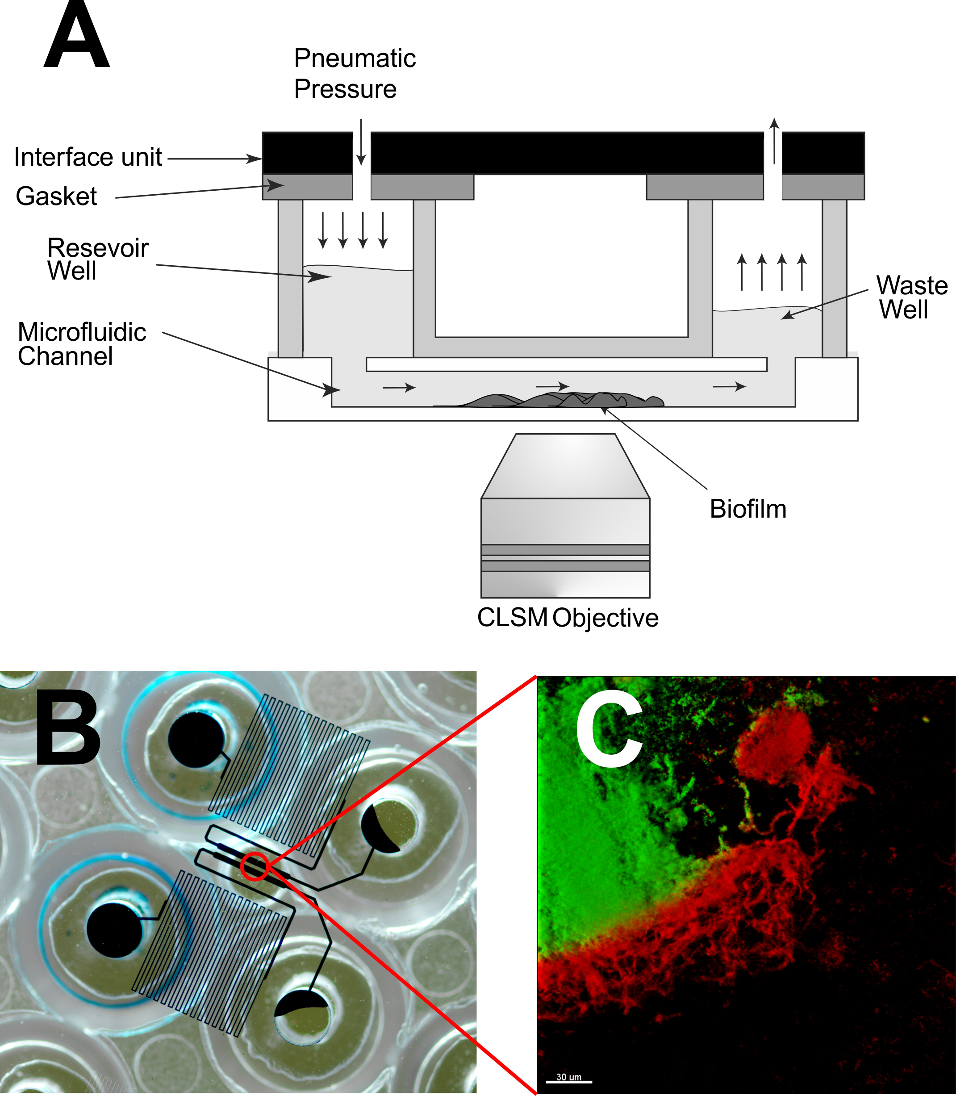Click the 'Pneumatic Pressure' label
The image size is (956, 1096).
(x=354, y=74)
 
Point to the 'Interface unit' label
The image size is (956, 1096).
(x=88, y=157)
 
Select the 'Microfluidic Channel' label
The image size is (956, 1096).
(x=81, y=344)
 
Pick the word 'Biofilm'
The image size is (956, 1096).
(x=747, y=509)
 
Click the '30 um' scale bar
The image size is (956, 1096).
(x=569, y=1079)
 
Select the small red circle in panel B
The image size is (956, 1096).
(x=255, y=866)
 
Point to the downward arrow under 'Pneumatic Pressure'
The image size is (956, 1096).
(x=361, y=142)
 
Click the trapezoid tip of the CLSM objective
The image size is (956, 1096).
(x=565, y=466)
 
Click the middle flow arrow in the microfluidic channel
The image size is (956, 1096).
(x=552, y=386)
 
